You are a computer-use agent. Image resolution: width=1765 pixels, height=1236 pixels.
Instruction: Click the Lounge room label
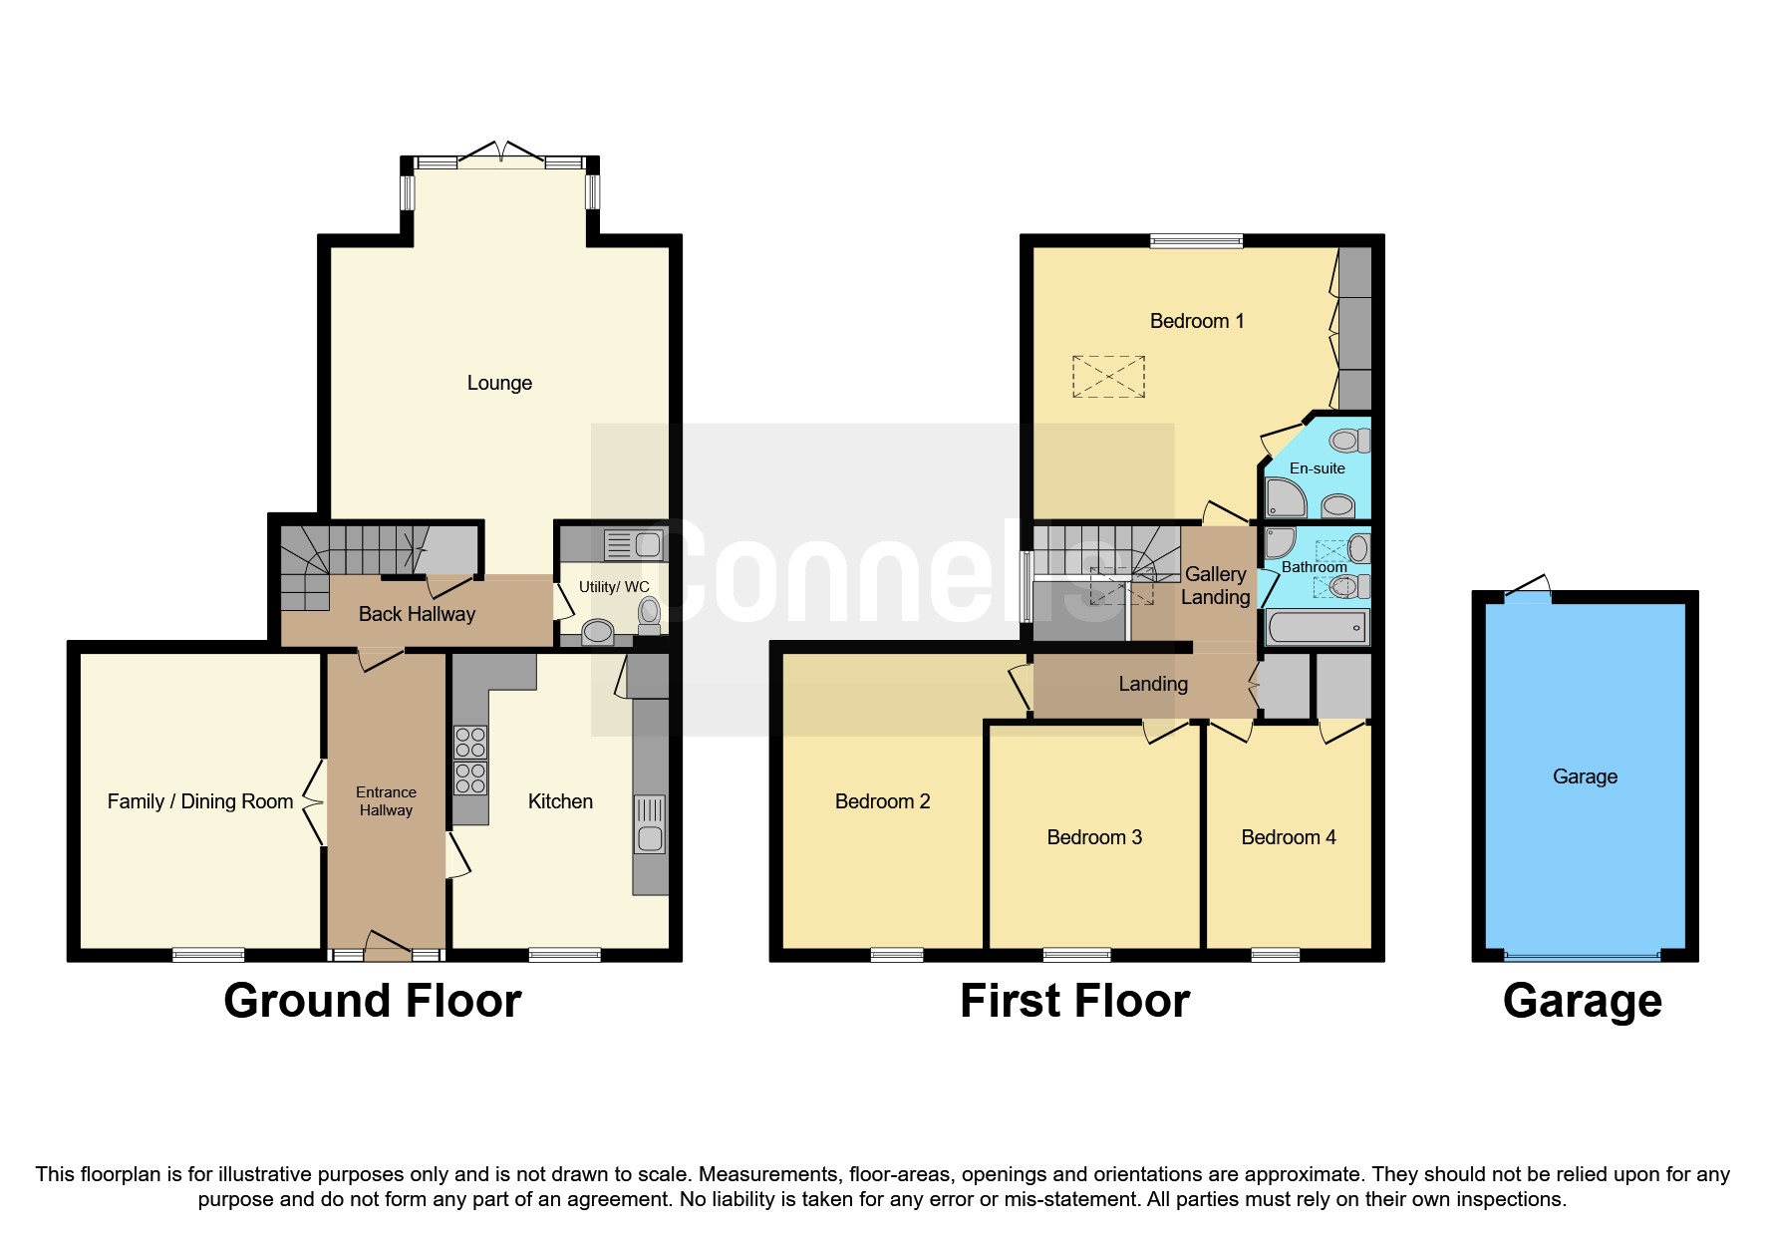click(499, 383)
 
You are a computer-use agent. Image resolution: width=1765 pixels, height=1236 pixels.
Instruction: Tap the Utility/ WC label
click(613, 587)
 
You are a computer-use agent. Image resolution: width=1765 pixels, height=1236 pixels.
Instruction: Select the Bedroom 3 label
click(1093, 837)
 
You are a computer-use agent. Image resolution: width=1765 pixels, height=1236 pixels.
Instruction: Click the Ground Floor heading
click(372, 1001)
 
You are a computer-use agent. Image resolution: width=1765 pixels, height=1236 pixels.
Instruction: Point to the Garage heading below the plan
click(1582, 1001)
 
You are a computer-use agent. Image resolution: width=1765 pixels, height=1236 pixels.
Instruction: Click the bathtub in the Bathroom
click(1317, 628)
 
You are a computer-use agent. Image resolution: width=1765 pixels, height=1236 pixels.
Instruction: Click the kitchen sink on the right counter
click(650, 823)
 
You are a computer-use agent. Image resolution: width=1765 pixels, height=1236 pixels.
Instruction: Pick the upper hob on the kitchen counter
click(470, 743)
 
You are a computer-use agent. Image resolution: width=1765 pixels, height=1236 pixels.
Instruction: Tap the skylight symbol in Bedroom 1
click(1108, 377)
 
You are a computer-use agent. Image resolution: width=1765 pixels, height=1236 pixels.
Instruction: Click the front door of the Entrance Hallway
click(387, 947)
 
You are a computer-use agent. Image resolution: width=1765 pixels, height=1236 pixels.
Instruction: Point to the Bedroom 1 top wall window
click(1196, 240)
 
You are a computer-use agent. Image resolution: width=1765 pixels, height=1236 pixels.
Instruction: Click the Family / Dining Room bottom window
click(208, 955)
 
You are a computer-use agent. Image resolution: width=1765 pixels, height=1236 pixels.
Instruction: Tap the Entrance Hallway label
click(386, 801)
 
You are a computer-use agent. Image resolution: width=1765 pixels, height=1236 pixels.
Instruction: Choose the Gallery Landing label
click(1215, 585)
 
